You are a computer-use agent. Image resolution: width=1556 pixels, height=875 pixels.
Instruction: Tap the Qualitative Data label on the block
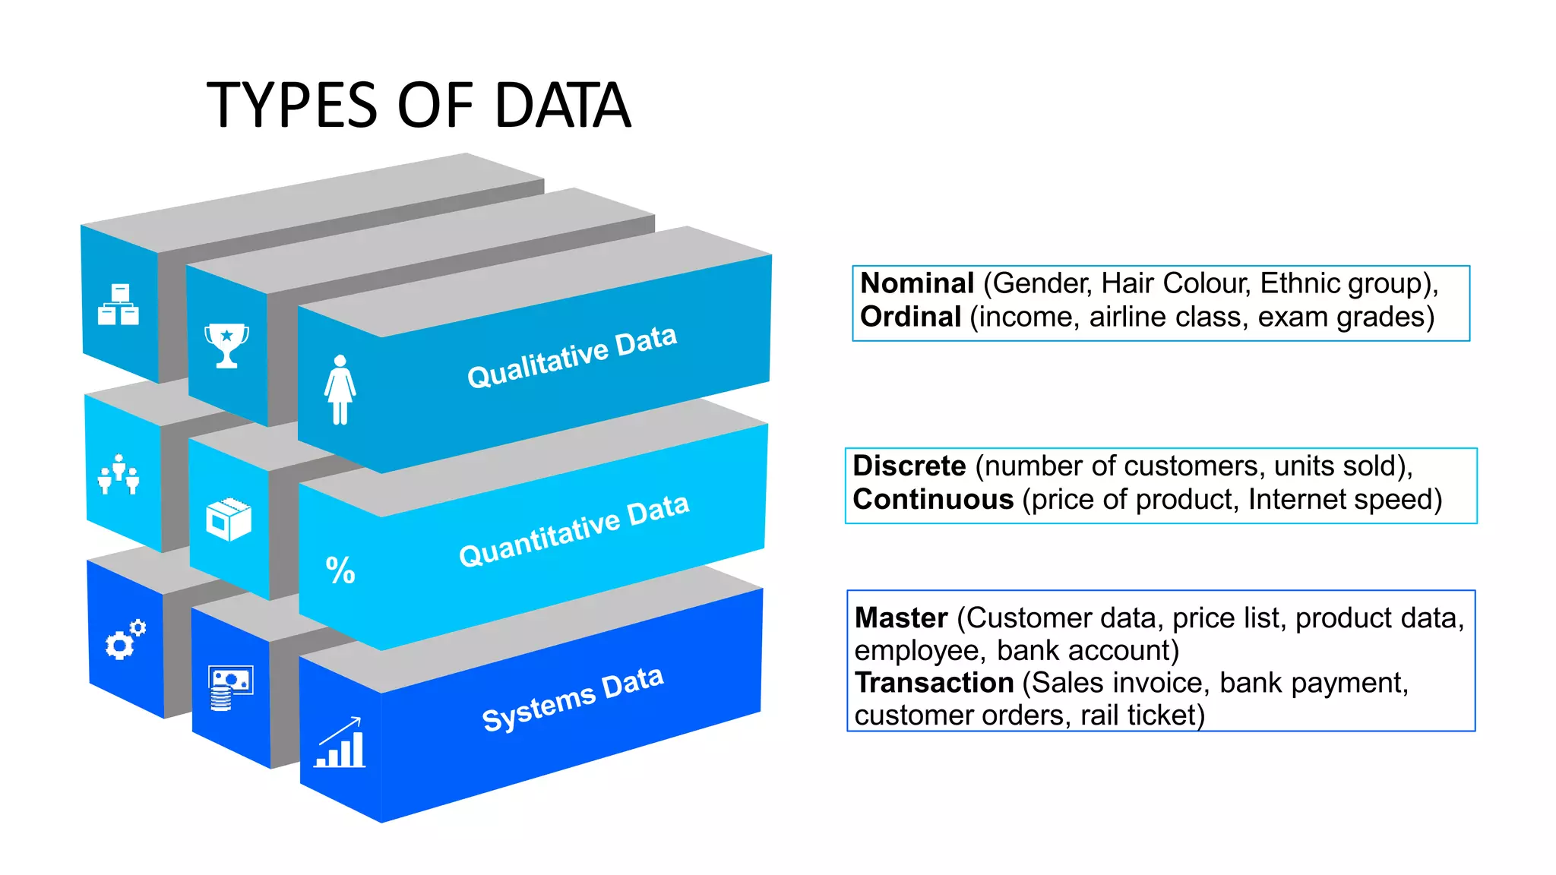[571, 357]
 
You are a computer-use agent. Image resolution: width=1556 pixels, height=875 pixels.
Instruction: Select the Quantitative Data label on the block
[574, 530]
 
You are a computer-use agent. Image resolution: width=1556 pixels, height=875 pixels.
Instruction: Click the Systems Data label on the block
[573, 699]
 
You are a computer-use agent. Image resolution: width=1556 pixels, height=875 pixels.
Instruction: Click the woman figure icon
[340, 390]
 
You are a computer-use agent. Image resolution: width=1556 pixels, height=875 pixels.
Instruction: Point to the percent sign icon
[340, 570]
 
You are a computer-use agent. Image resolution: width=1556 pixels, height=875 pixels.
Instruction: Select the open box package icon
[228, 520]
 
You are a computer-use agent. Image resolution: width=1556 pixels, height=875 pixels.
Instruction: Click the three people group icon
[119, 475]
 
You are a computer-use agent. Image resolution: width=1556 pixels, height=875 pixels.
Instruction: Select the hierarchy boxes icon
[119, 305]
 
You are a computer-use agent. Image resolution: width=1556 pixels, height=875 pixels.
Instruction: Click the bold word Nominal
[916, 283]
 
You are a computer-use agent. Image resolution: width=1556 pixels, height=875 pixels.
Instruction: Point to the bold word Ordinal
[910, 317]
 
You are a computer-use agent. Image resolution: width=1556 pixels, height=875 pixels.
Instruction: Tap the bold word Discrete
[909, 466]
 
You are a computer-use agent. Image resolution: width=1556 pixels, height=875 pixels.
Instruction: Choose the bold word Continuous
[933, 500]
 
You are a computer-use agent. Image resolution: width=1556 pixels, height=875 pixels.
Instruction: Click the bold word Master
[901, 618]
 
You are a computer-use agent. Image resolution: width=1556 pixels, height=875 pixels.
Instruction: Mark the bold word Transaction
[934, 683]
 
